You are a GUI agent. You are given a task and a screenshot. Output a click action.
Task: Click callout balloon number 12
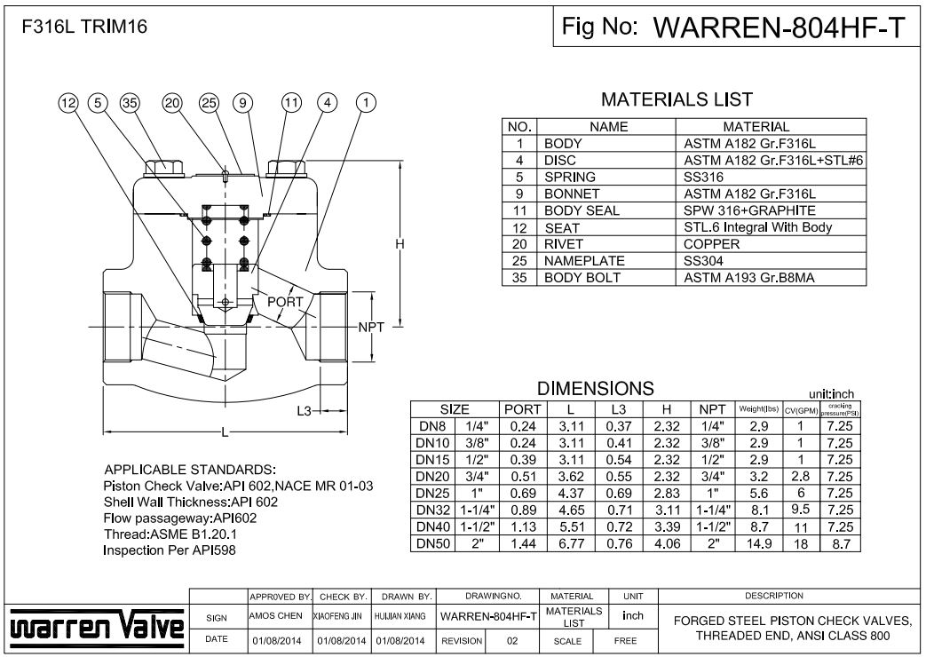[68, 103]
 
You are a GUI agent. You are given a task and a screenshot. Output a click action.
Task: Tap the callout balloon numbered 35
[131, 103]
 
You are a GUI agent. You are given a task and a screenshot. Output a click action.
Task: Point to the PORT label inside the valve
[286, 302]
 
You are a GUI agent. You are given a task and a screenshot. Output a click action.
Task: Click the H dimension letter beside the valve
[400, 244]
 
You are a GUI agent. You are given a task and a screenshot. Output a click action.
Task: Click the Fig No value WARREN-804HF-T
[780, 28]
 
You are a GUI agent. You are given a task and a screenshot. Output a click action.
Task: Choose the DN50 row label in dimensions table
[429, 543]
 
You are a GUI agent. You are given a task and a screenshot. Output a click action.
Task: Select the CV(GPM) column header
[800, 410]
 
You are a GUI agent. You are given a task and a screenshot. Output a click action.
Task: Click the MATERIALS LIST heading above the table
[677, 99]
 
